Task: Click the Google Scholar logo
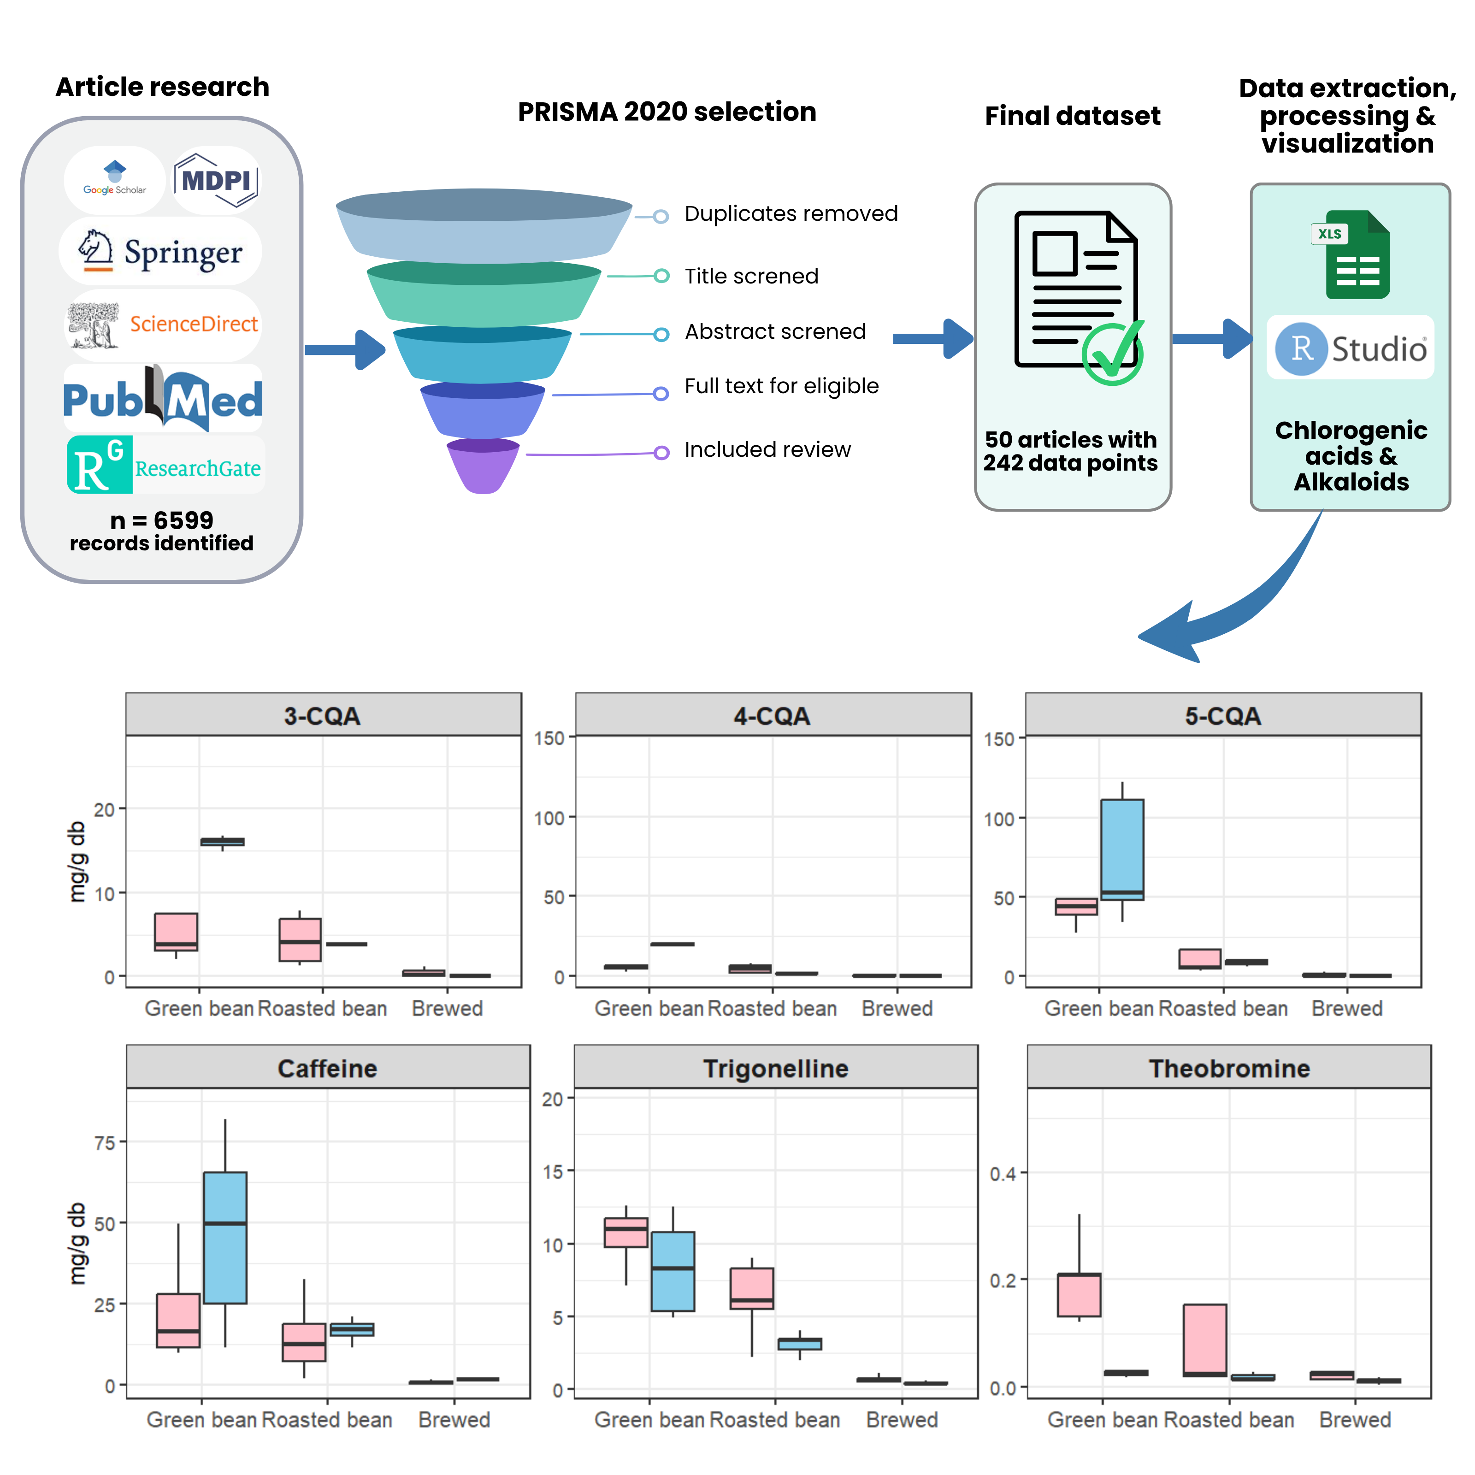[114, 179]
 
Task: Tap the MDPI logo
[216, 180]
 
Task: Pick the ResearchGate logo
[164, 465]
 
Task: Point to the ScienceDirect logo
[163, 324]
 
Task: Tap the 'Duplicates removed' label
[791, 214]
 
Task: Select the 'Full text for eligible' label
[781, 386]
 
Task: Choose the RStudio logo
[1350, 348]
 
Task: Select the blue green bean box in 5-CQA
[1121, 849]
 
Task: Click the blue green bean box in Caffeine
[225, 1237]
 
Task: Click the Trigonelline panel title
[776, 1068]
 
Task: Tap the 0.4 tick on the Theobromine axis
[1003, 1174]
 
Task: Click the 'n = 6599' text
[162, 521]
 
